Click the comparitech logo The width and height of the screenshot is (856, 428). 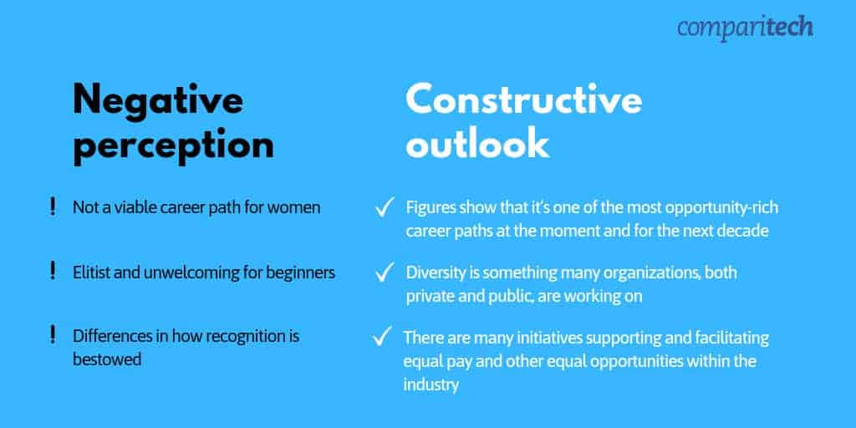[x=745, y=28]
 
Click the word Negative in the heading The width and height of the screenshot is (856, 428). [x=158, y=100]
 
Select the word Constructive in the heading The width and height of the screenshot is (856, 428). [x=523, y=100]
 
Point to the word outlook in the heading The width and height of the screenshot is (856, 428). [x=477, y=144]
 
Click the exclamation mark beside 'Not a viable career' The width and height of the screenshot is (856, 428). [x=53, y=207]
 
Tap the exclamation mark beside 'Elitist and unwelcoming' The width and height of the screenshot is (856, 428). [x=53, y=271]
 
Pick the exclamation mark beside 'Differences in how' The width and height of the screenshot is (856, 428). [x=53, y=334]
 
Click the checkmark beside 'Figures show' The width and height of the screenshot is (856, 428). [x=385, y=207]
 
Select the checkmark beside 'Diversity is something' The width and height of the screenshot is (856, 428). [x=385, y=272]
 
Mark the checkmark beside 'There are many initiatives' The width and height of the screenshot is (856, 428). [x=382, y=336]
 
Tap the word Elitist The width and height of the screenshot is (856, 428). [x=92, y=272]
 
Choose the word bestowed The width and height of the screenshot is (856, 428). [x=107, y=359]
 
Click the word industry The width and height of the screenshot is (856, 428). [x=431, y=385]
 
